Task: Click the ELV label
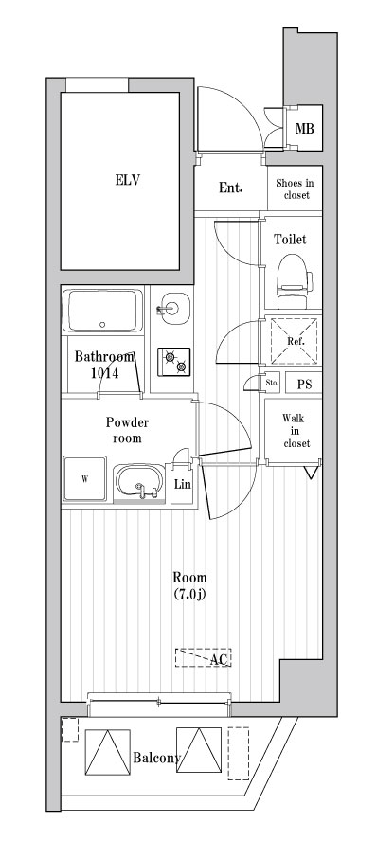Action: [128, 180]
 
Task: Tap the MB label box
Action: [305, 129]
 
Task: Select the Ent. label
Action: [230, 188]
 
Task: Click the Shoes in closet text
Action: [295, 188]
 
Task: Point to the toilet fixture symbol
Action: [294, 281]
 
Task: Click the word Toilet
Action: [290, 240]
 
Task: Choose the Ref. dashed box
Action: [295, 341]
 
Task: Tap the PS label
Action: [304, 384]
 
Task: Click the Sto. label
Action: [273, 383]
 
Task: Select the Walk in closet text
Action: [296, 431]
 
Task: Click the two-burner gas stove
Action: [173, 361]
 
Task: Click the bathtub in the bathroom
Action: [102, 311]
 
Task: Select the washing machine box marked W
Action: [84, 479]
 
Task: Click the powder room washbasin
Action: [139, 481]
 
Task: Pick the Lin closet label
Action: [181, 484]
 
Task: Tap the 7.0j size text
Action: [189, 594]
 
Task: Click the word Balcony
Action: [157, 758]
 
